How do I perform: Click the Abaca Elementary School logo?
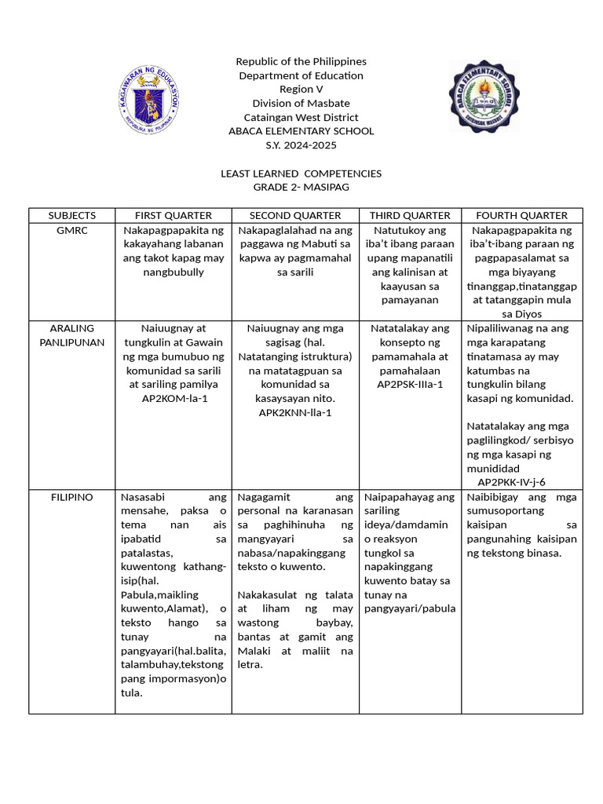click(484, 96)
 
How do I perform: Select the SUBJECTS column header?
click(72, 215)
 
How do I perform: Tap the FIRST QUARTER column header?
click(174, 215)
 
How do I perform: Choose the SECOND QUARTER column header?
click(295, 215)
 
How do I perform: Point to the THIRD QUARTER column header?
click(410, 215)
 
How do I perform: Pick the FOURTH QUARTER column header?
click(521, 215)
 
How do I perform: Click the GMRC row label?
click(72, 230)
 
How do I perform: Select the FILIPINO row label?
click(72, 497)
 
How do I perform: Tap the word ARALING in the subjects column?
click(72, 328)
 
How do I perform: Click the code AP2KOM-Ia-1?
click(174, 399)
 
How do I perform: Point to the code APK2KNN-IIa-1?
click(295, 413)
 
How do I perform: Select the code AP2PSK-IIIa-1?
click(410, 385)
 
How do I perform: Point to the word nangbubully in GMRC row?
click(174, 272)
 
